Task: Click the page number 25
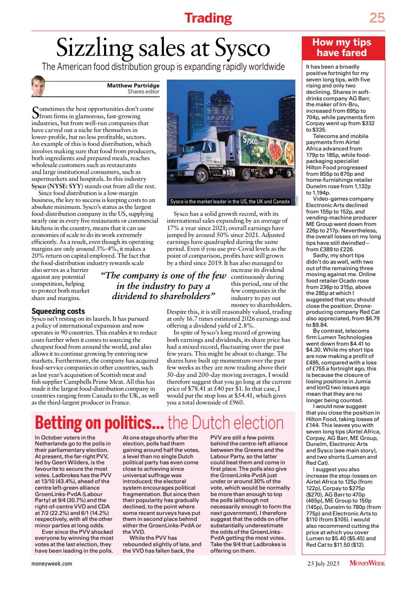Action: tap(376, 18)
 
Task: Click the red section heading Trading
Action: tap(208, 18)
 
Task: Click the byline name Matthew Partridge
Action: tap(133, 85)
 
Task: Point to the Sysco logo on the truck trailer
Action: tap(252, 139)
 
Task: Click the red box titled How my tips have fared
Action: tap(341, 48)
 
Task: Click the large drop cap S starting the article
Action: tap(35, 113)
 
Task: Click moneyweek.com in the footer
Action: tap(52, 563)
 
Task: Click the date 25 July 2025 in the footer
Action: tap(325, 563)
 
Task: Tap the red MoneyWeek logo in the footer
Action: tap(367, 563)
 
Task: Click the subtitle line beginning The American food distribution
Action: tap(163, 66)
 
